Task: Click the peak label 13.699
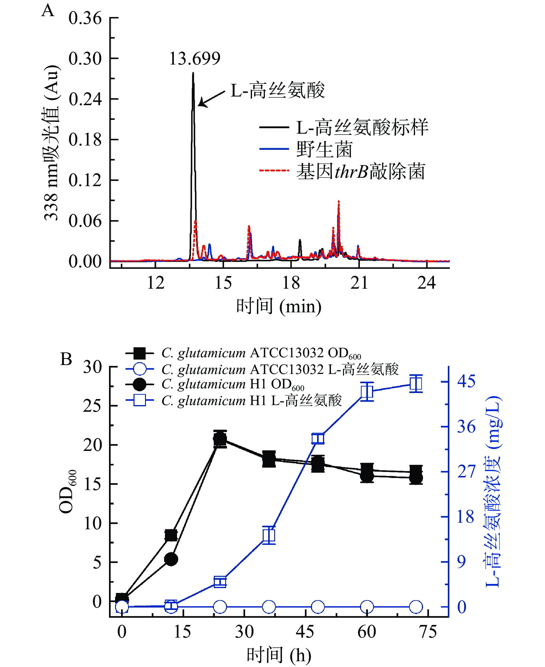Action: click(195, 58)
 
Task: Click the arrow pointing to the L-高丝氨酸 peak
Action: click(212, 98)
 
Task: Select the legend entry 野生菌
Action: click(324, 149)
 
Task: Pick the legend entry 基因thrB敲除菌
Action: click(361, 171)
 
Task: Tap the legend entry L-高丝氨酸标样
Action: click(362, 127)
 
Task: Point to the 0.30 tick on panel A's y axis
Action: click(85, 58)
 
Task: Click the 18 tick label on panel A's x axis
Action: click(291, 283)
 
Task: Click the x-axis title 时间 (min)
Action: click(279, 307)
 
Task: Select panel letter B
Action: click(66, 360)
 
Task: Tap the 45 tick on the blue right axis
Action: click(466, 381)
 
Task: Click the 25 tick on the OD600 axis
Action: click(92, 406)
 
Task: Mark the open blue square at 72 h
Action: click(416, 383)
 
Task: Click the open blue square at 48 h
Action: click(318, 439)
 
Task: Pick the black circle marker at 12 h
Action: click(171, 559)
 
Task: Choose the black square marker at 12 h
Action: click(171, 535)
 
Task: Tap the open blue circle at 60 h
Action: click(367, 607)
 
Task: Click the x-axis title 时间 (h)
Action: click(279, 655)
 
